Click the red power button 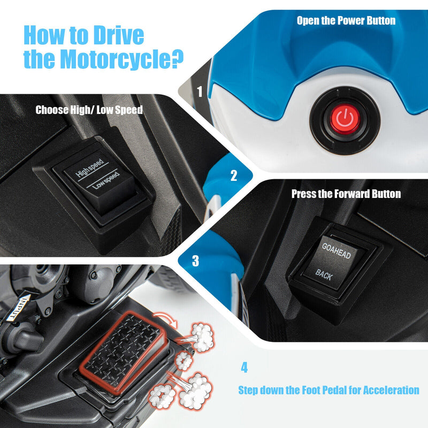click(x=345, y=119)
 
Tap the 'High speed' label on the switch click(x=90, y=168)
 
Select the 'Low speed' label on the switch click(x=106, y=181)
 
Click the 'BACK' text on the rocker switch click(x=324, y=274)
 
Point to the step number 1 click(x=200, y=91)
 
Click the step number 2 click(x=234, y=175)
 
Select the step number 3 click(x=195, y=261)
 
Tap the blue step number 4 click(x=244, y=368)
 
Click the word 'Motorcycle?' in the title click(x=122, y=59)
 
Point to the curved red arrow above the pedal click(x=165, y=319)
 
